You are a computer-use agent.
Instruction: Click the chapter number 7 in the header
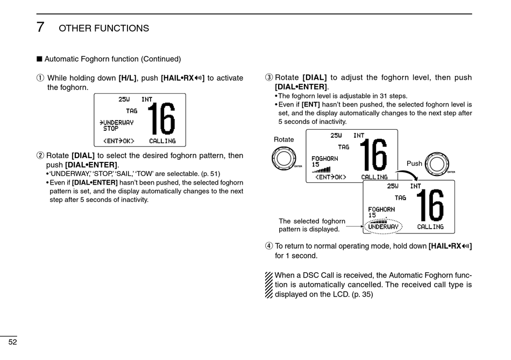click(x=40, y=27)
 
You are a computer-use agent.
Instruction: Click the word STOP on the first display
click(x=111, y=129)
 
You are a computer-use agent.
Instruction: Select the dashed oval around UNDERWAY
click(x=383, y=227)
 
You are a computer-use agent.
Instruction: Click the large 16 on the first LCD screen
click(x=161, y=119)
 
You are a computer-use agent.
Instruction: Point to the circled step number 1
click(x=40, y=79)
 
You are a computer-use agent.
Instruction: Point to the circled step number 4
click(x=268, y=246)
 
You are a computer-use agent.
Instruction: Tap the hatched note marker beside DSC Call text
click(x=269, y=285)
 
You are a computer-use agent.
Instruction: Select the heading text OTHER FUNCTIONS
click(x=104, y=29)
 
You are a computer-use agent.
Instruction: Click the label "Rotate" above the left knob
click(x=284, y=140)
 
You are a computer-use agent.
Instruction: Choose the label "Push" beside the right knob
click(x=414, y=164)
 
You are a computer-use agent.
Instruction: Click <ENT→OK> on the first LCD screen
click(x=118, y=141)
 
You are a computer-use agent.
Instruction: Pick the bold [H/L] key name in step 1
click(x=127, y=79)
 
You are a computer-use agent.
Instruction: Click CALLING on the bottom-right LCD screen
click(x=430, y=227)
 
